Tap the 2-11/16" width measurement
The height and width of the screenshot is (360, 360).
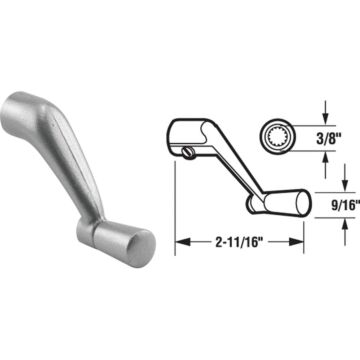[240, 242]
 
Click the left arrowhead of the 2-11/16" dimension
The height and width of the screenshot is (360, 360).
[181, 241]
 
